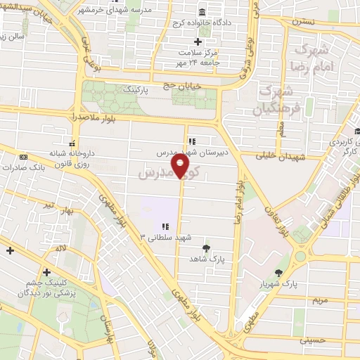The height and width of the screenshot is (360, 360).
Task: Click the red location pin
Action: (181, 167)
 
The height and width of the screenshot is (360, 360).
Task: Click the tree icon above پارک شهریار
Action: (280, 273)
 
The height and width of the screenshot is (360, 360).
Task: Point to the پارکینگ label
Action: (137, 91)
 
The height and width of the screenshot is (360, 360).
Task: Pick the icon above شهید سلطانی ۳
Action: (166, 226)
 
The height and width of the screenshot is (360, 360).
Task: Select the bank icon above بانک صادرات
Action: (23, 157)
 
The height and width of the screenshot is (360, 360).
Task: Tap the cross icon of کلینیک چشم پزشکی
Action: (46, 272)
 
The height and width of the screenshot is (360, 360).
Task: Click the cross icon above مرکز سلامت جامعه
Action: (198, 41)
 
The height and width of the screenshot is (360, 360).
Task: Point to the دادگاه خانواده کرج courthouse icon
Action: (202, 13)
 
